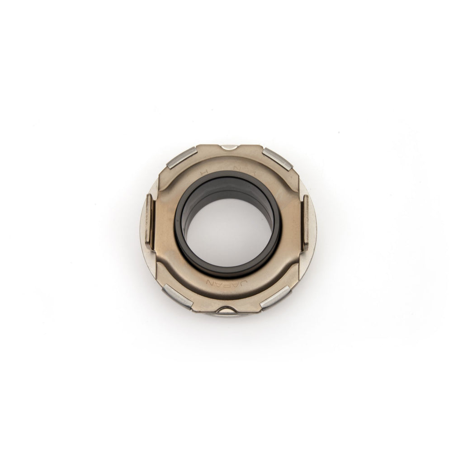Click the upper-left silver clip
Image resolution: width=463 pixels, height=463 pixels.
pyautogui.click(x=181, y=158)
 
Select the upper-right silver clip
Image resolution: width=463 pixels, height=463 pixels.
pyautogui.click(x=277, y=158)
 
